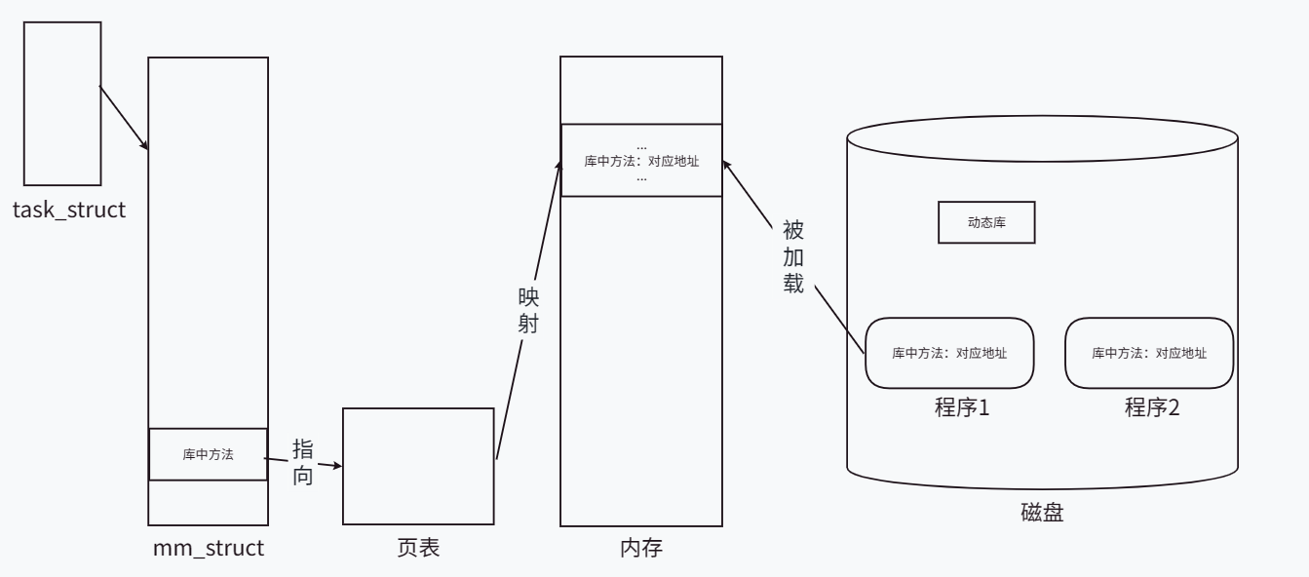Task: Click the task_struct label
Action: (x=69, y=210)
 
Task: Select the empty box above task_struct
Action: (x=62, y=103)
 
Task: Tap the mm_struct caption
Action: (x=208, y=548)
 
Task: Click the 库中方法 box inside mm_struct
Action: (x=208, y=454)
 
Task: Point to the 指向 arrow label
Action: (x=303, y=462)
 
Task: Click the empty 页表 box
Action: (x=418, y=466)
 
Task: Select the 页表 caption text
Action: (x=418, y=548)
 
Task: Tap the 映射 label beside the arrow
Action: (x=528, y=309)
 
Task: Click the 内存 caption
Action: (x=641, y=548)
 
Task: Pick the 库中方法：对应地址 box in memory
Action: (x=641, y=161)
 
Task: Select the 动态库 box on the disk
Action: (x=985, y=222)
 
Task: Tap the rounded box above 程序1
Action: (x=949, y=353)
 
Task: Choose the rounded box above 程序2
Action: (x=1149, y=353)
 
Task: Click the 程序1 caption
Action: (x=962, y=406)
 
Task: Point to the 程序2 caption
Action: (x=1152, y=406)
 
